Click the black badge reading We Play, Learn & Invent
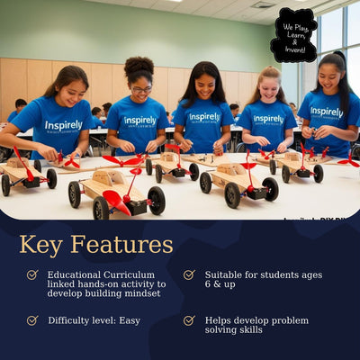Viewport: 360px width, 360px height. pos(294,34)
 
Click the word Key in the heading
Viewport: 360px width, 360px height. pos(43,244)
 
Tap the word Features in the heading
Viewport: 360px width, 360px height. pos(121,244)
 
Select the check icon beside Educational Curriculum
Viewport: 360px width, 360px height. pos(32,274)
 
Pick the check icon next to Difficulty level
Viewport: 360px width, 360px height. pos(32,319)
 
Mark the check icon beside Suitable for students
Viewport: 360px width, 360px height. pos(189,274)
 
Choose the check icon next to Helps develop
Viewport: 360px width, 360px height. pos(189,319)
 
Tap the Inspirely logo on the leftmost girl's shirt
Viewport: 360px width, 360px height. pos(63,125)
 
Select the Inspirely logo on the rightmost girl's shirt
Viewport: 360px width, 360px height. pos(327,112)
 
